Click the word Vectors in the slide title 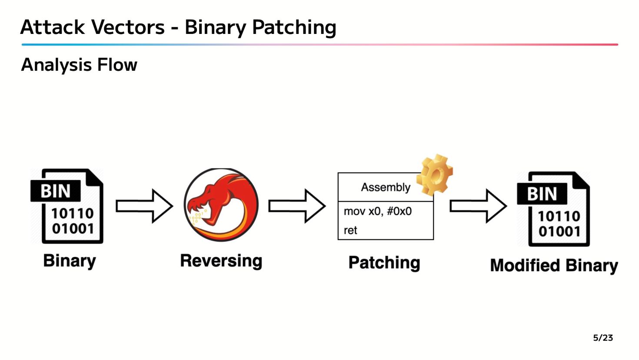pos(128,27)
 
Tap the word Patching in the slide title pos(294,28)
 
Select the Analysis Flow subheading pos(79,65)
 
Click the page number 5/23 pos(603,338)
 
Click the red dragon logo pos(221,205)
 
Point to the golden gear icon pos(435,174)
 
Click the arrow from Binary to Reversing pos(144,206)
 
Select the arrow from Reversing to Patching pos(297,206)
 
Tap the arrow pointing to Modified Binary pos(479,206)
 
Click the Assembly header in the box pos(386,187)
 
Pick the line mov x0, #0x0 pos(378,211)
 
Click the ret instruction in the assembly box pos(350,230)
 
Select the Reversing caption pos(221,261)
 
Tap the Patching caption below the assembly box pos(384,263)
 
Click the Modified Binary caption pos(554,265)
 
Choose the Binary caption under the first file pos(69,261)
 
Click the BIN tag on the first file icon pos(55,191)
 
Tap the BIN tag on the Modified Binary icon pos(542,194)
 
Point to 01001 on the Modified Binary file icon pos(559,231)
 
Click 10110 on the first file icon pos(73,213)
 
